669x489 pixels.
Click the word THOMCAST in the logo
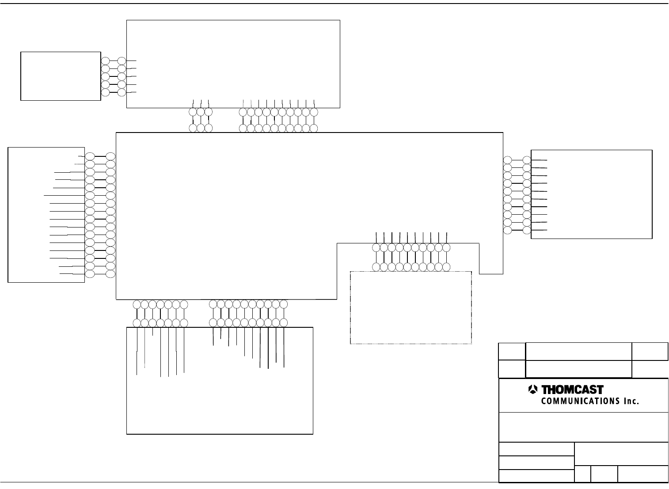click(572, 390)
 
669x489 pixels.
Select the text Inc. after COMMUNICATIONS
click(631, 401)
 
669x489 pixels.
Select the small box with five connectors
click(61, 76)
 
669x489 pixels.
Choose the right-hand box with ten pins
click(591, 194)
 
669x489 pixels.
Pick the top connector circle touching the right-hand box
click(527, 160)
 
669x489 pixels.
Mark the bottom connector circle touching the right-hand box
click(527, 230)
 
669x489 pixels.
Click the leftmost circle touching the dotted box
click(376, 267)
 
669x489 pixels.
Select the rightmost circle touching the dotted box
click(446, 267)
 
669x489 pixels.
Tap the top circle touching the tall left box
click(89, 156)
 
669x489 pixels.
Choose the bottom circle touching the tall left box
click(89, 274)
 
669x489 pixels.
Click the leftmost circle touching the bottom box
click(137, 323)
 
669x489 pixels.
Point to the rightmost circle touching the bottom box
click(284, 323)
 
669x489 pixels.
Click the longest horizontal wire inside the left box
click(64, 195)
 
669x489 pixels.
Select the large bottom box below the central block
click(220, 398)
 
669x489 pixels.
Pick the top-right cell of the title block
click(650, 352)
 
